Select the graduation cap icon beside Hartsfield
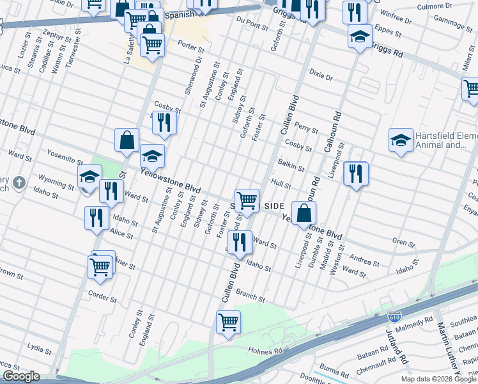tap(400, 140)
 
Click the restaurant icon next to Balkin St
tap(356, 173)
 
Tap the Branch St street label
tap(251, 295)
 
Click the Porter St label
tap(191, 47)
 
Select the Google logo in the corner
tap(21, 376)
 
